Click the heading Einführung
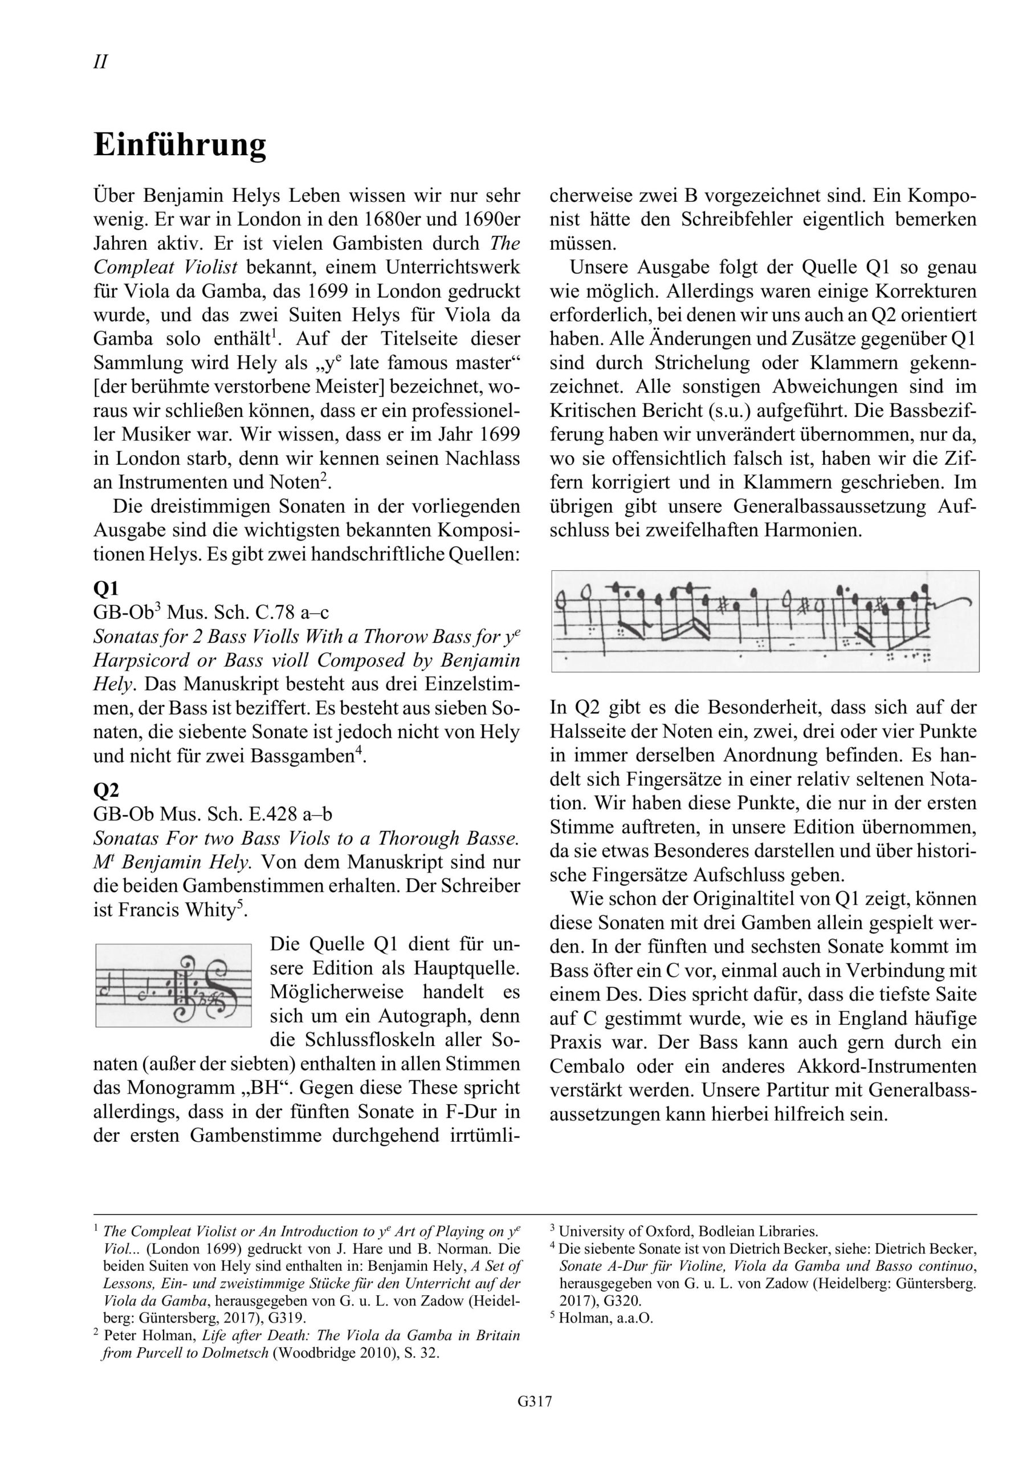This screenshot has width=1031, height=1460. [x=180, y=145]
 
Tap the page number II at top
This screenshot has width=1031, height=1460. [x=100, y=62]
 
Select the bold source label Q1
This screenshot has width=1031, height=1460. [x=105, y=587]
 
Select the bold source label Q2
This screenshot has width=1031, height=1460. [x=105, y=790]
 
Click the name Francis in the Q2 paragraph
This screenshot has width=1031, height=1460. [x=154, y=911]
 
